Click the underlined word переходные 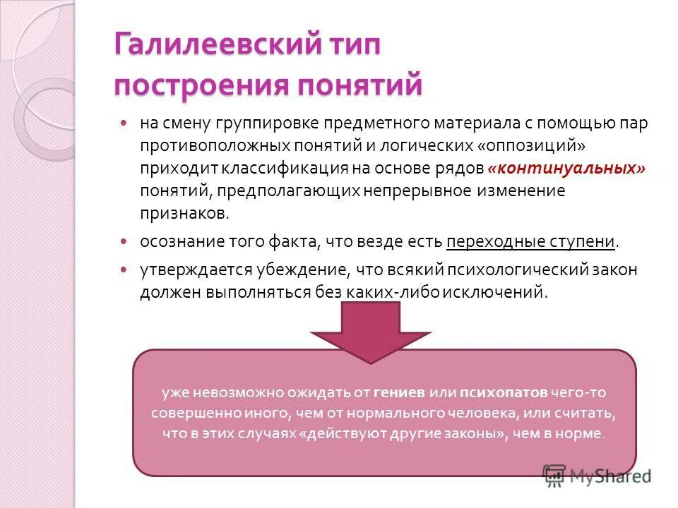click(495, 241)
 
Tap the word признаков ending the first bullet click(184, 214)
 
